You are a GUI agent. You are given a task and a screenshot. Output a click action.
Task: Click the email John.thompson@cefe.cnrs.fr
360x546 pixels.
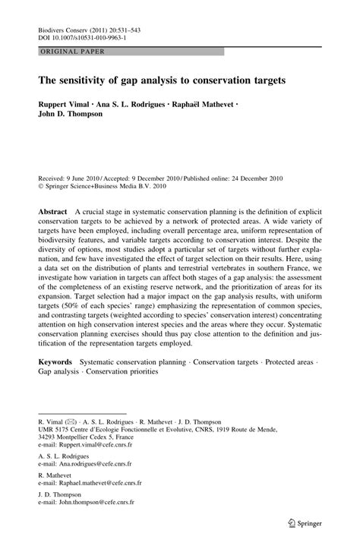click(91, 503)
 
